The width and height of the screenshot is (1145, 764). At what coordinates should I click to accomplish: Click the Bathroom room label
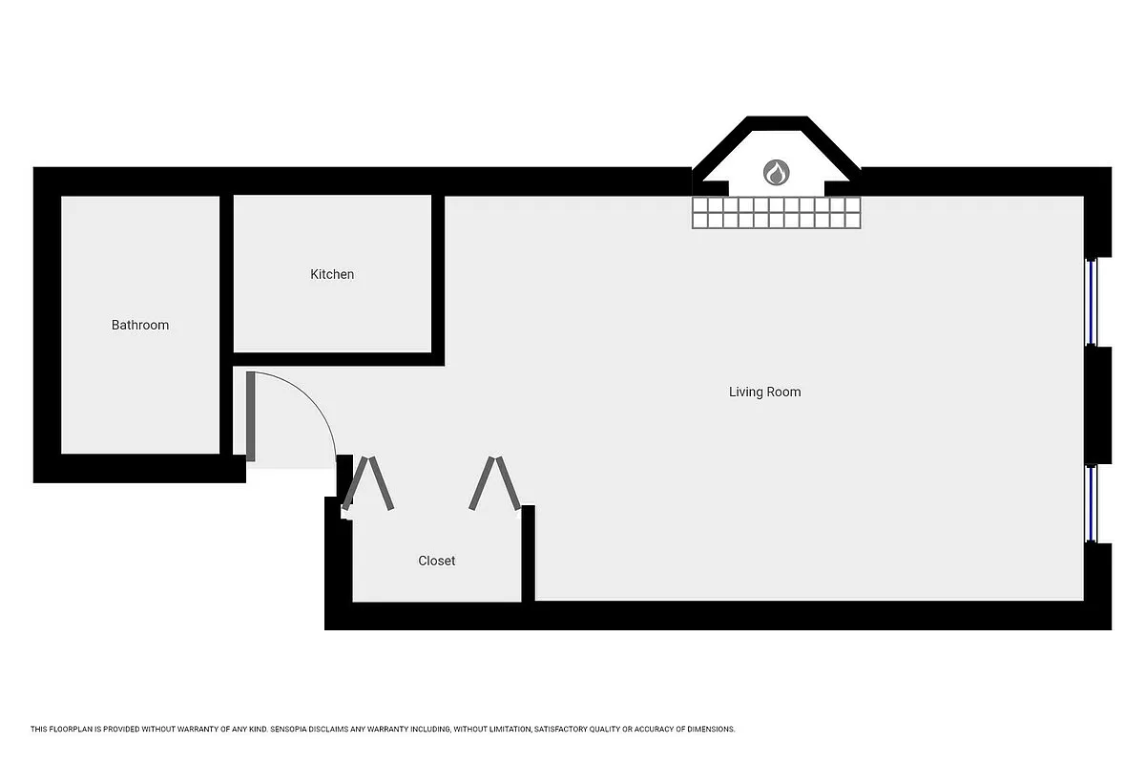click(140, 325)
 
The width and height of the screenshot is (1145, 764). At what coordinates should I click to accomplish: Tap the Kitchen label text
click(332, 274)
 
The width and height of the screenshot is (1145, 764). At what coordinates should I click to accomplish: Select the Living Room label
click(764, 392)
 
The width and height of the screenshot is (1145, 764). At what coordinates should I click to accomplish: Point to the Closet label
click(437, 561)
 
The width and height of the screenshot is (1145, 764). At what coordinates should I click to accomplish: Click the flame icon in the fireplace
click(777, 173)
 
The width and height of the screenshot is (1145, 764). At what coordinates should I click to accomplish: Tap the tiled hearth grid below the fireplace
click(777, 213)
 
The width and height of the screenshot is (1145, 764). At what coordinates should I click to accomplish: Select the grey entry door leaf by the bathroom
click(251, 416)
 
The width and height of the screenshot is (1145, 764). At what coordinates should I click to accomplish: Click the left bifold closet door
click(367, 482)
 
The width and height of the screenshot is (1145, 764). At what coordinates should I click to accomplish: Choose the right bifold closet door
click(495, 482)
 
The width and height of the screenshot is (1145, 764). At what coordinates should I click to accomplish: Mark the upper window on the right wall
click(1094, 302)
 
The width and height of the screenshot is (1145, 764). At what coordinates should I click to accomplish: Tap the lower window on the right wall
click(1094, 503)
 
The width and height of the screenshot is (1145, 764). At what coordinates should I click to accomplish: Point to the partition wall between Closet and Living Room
click(528, 554)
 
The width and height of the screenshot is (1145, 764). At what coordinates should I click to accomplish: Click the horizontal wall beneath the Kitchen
click(339, 359)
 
